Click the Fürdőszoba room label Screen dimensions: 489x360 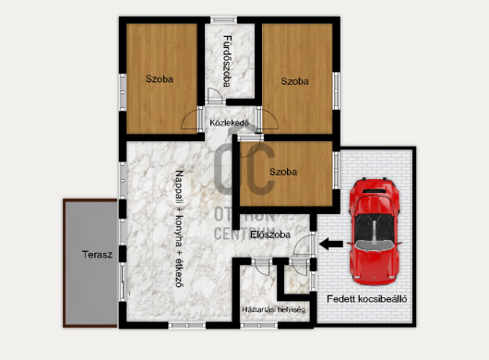227,61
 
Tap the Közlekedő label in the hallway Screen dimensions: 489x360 229,123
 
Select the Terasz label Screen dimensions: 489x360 97,255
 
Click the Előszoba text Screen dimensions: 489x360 270,234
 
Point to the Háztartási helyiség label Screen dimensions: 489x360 273,310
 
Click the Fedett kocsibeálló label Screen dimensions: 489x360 367,299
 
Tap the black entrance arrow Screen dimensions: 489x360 331,244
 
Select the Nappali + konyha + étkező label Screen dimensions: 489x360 179,229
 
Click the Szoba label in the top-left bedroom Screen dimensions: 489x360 160,79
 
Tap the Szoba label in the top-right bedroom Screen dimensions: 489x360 294,81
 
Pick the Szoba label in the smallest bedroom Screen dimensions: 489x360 283,172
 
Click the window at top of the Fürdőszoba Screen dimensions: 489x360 223,20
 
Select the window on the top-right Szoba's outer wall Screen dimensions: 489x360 336,90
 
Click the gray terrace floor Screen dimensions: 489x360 90,264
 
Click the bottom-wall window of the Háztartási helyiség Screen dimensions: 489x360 259,325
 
